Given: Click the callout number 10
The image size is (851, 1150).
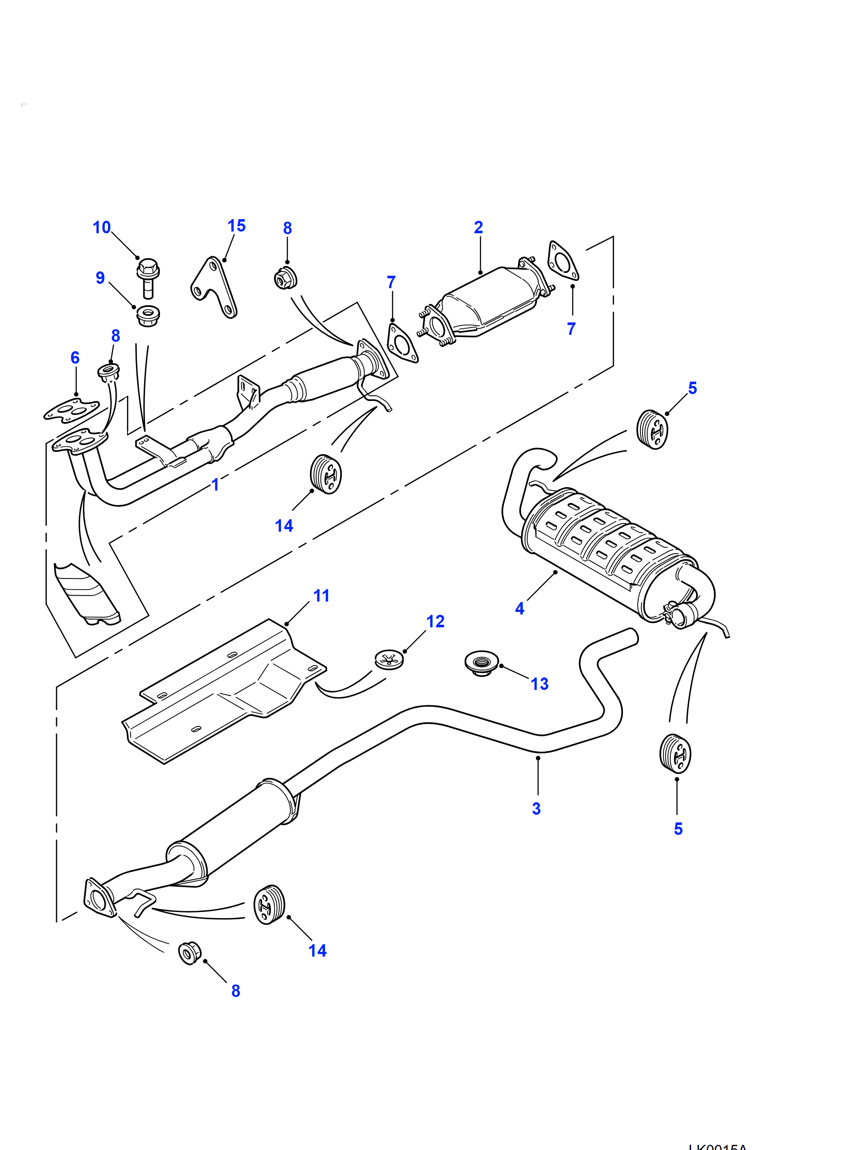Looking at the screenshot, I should point(102,227).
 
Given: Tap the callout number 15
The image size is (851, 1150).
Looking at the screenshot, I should point(236,226).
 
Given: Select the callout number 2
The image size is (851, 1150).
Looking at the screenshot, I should point(478,227).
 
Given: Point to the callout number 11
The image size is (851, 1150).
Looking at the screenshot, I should point(321,596).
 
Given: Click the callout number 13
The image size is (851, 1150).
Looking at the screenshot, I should point(539,684).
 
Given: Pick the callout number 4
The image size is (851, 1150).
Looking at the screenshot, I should point(519,608).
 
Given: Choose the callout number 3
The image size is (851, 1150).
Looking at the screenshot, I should point(536,809).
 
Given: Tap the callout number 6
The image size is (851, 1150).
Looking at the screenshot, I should point(75,358).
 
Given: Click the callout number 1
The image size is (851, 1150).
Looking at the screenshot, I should point(215,485).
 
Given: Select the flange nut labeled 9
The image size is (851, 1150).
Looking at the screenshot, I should point(148,315).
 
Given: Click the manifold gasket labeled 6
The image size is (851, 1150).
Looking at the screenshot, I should point(71,410).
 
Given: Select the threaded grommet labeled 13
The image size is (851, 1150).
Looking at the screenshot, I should point(481,663).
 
